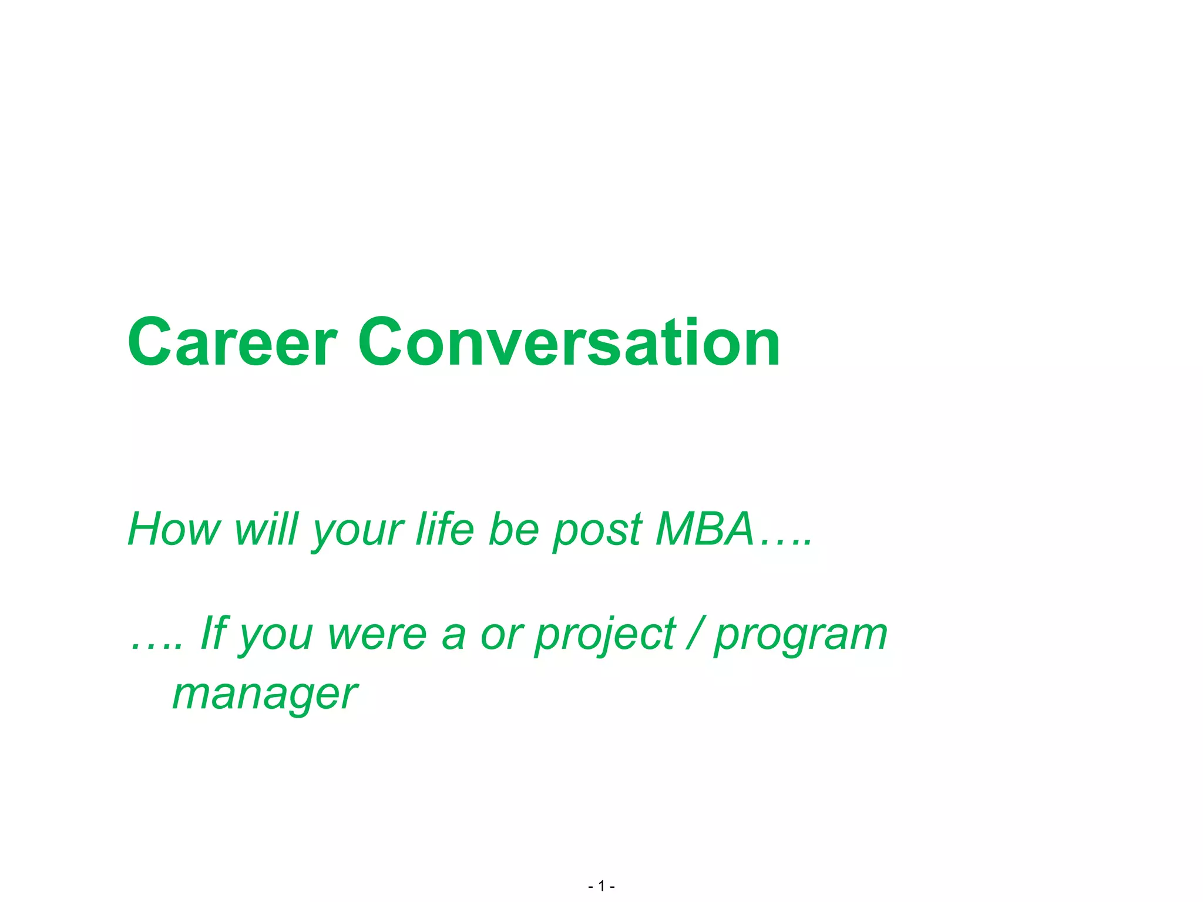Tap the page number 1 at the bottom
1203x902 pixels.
tap(601, 886)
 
